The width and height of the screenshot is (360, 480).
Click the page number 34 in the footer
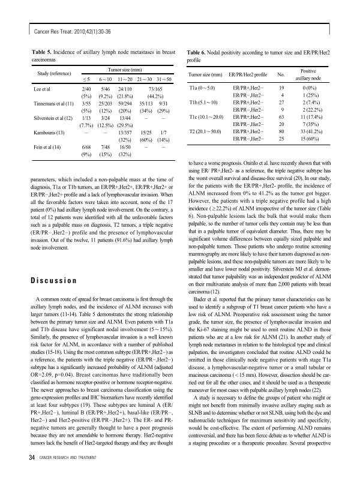coord(25,459)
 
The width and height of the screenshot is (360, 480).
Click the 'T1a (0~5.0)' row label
coord(205,88)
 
